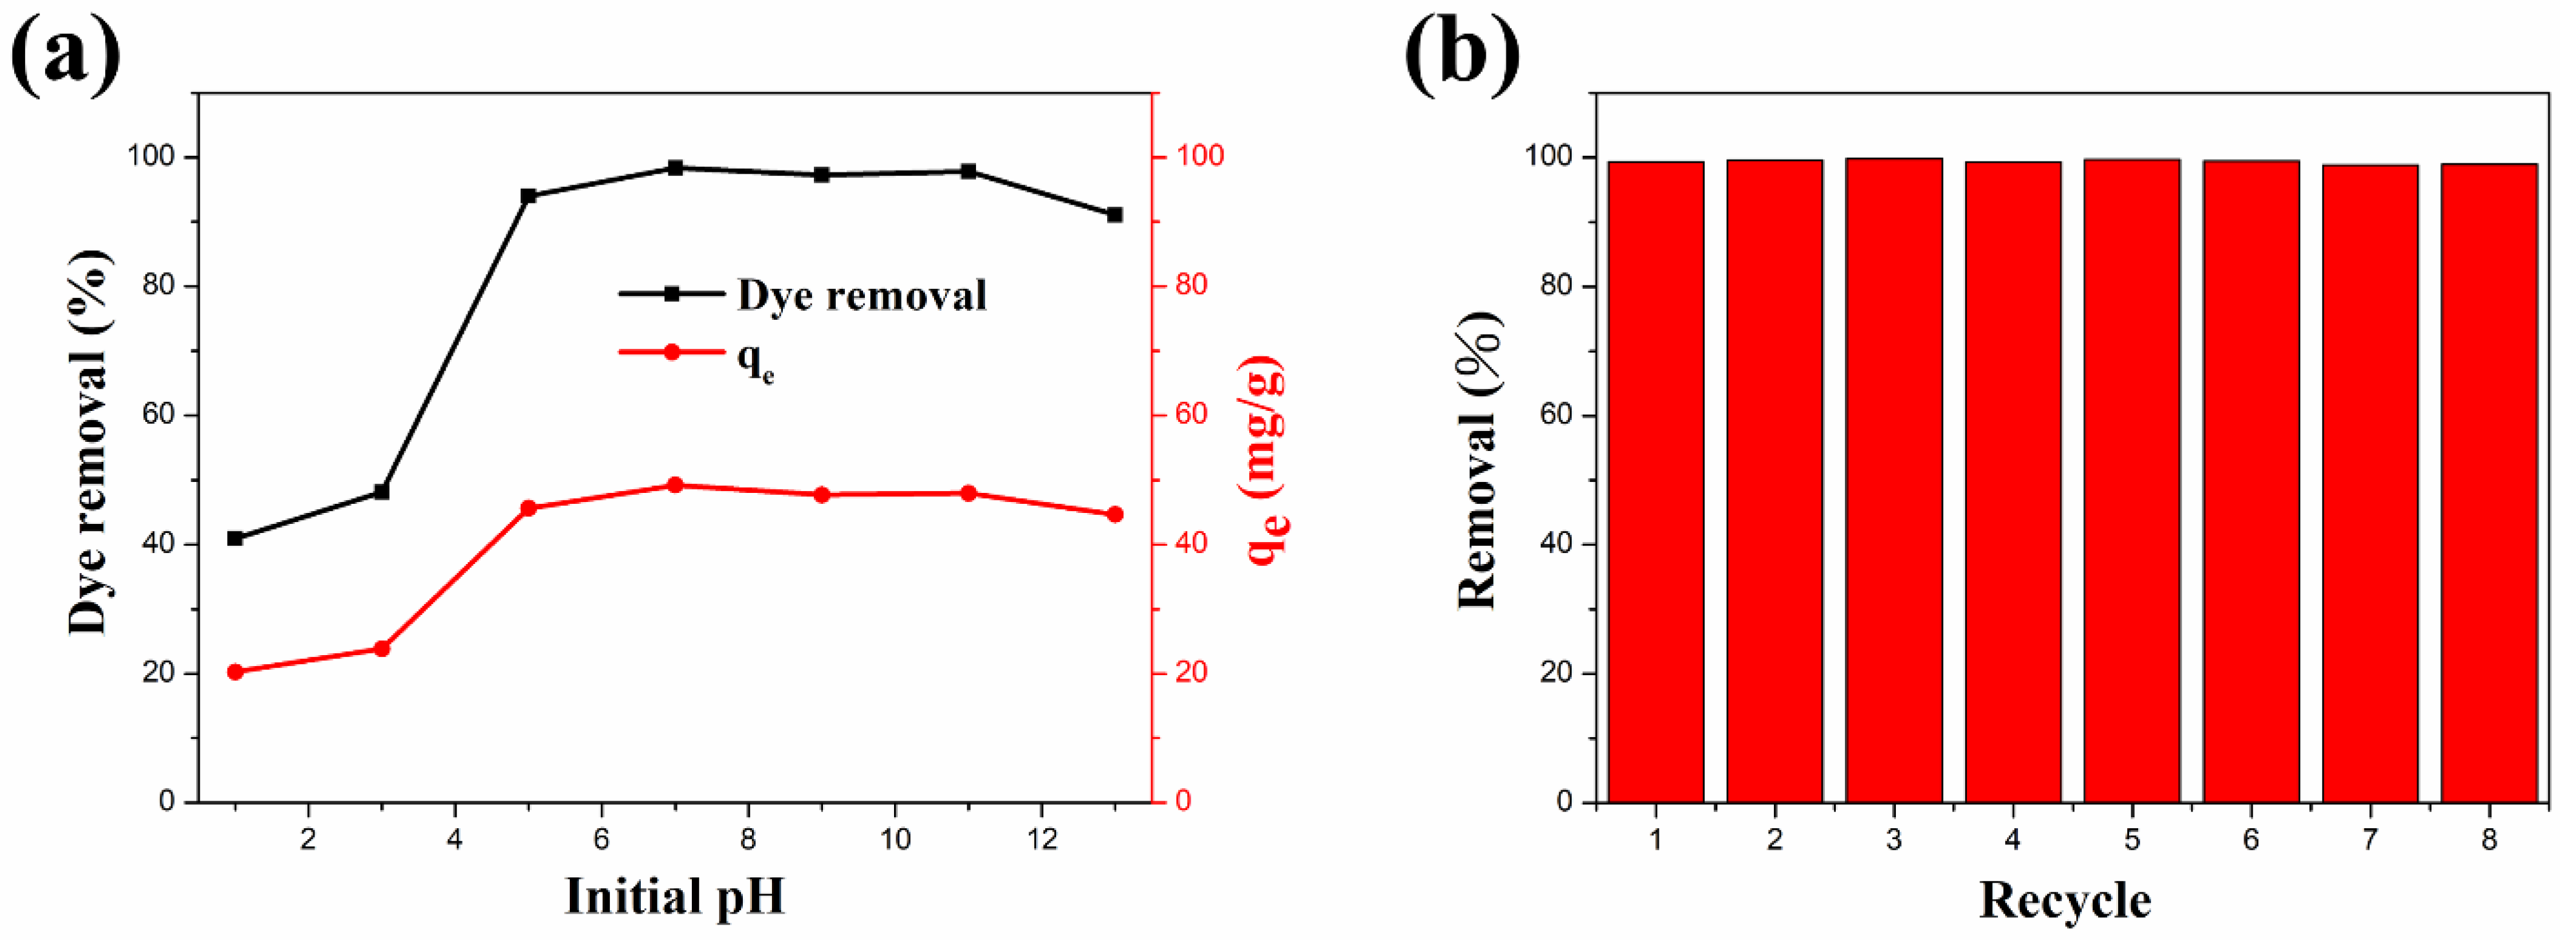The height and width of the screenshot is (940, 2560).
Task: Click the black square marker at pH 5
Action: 528,196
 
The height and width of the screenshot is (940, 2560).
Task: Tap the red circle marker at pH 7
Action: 675,485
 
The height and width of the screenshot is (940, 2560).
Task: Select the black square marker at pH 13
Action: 1115,214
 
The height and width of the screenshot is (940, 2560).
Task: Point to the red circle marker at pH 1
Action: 236,672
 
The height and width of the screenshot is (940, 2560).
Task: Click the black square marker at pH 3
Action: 382,492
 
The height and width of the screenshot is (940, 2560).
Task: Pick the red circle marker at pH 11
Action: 969,493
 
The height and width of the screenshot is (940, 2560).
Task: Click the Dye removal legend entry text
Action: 862,295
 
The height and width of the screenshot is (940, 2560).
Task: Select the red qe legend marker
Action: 672,351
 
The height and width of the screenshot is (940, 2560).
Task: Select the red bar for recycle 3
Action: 1893,477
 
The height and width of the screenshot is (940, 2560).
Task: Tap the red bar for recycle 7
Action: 2369,482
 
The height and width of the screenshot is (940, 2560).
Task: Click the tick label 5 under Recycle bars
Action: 2132,840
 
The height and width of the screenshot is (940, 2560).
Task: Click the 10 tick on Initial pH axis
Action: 895,840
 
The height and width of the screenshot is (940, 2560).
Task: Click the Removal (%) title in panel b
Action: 1478,459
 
